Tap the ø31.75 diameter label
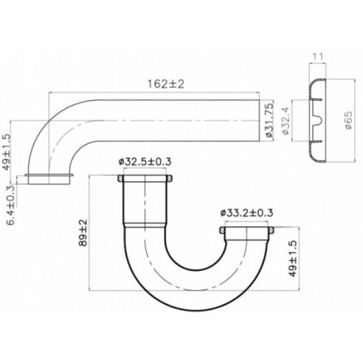(269, 120)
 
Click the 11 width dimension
(318, 56)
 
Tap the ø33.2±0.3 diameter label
(246, 213)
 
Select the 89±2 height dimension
(83, 233)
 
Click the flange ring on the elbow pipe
(49, 175)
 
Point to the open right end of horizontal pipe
(260, 121)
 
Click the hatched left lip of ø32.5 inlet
(119, 179)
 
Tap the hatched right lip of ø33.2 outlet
(271, 231)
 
